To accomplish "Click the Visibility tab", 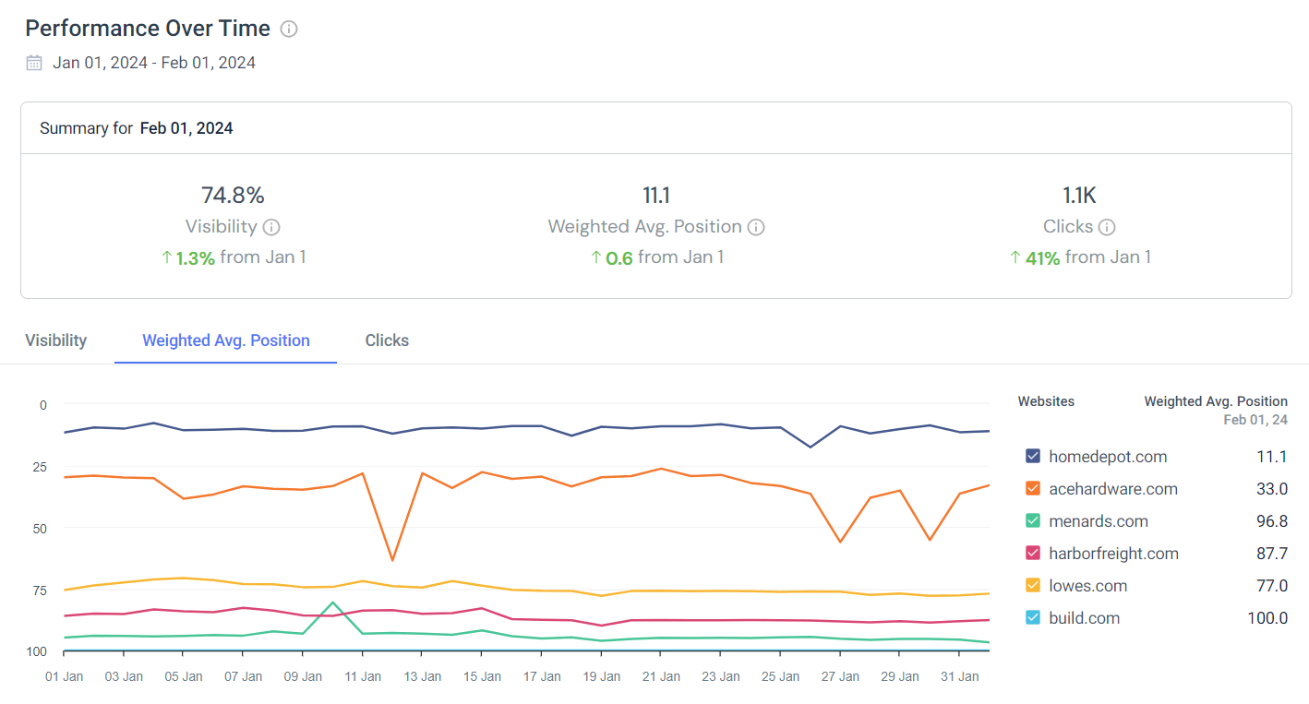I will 55,340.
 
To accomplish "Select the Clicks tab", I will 387,340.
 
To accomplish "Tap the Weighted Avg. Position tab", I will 225,340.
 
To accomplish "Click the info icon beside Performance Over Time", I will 289,29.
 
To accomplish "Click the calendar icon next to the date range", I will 34,63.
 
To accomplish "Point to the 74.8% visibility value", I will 233,196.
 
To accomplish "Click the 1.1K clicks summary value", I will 1079,196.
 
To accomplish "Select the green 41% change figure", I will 1042,258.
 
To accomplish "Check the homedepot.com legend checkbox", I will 1033,457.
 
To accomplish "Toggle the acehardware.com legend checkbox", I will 1033,489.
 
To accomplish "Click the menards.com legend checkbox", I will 1033,521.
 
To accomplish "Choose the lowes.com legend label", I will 1087,586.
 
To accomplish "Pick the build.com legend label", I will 1084,618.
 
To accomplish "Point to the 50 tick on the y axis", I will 37,528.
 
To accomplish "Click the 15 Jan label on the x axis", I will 482,676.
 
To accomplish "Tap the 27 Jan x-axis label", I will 840,676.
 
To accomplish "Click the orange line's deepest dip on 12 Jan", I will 392,560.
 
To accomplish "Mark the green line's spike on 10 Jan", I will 332,603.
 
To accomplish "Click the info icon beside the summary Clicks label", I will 1107,227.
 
